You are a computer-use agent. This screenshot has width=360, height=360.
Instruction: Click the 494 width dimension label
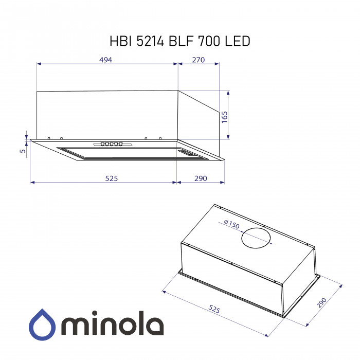click(x=106, y=60)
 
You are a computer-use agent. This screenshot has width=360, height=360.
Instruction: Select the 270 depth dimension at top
click(x=199, y=60)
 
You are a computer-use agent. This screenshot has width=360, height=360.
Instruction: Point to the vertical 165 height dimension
click(x=225, y=116)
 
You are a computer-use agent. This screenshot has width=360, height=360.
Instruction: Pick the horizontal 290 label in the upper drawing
click(x=201, y=178)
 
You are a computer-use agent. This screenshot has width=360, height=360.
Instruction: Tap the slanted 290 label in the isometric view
click(x=322, y=303)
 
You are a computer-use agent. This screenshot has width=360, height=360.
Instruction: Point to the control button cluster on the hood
click(x=112, y=145)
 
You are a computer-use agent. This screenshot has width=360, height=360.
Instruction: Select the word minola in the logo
click(x=113, y=325)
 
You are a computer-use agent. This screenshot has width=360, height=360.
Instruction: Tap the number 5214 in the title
click(x=151, y=41)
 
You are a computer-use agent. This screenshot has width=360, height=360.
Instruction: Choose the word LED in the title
click(x=238, y=41)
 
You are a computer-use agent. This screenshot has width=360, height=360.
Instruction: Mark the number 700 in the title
click(x=211, y=41)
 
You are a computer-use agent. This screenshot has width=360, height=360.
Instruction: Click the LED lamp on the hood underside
click(x=186, y=153)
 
